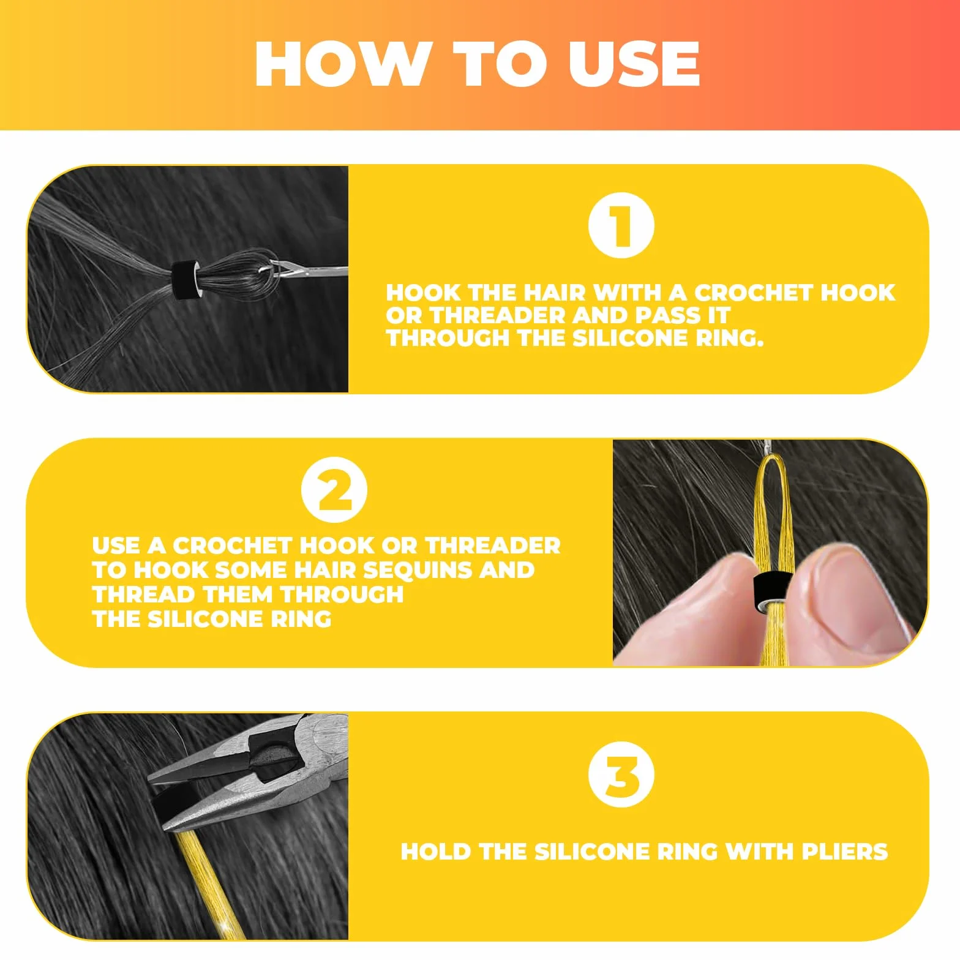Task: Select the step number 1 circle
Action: [621, 225]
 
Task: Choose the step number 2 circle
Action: [334, 490]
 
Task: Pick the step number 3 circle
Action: [621, 774]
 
